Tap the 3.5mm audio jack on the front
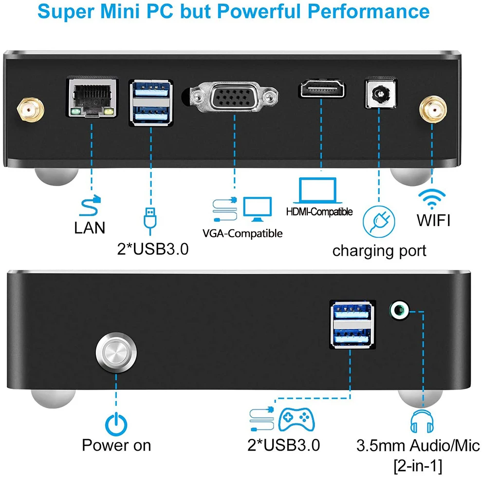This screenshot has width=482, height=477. (400, 309)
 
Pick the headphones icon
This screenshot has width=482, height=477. (421, 421)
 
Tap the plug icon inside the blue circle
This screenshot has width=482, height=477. (378, 220)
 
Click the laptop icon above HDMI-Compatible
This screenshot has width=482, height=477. (317, 191)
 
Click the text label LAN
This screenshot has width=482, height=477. (90, 227)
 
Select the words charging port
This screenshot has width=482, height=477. (379, 250)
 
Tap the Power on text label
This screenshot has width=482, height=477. (116, 445)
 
